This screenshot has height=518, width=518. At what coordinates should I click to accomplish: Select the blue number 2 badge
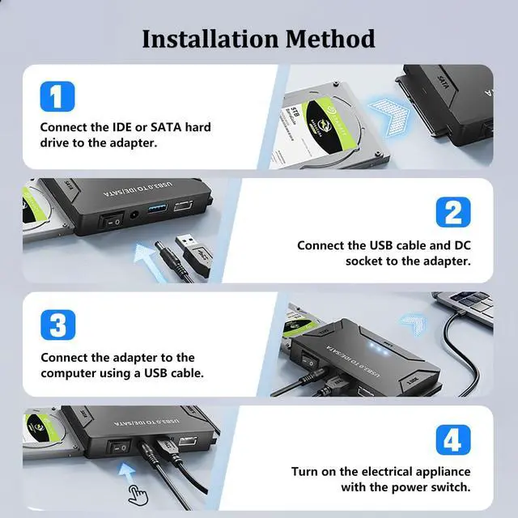pos(452,212)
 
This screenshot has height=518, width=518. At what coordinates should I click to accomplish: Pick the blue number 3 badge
pos(57,325)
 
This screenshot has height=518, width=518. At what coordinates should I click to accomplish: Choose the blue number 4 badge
pos(452,440)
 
